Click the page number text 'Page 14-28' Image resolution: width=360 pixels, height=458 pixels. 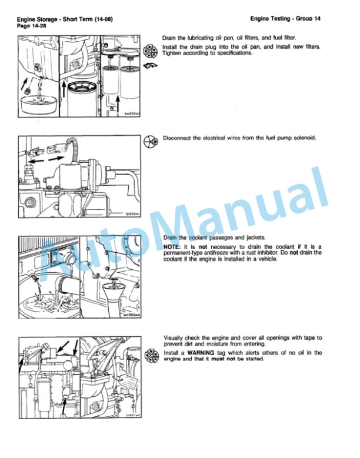tap(32, 26)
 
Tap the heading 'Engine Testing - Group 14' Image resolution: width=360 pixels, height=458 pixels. tap(285, 19)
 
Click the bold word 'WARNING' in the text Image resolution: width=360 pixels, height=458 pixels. tap(201, 353)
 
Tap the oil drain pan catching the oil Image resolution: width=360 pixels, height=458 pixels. tap(39, 105)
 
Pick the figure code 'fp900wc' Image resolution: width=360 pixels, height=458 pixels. tap(133, 214)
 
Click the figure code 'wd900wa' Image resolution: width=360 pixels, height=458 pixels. tap(132, 315)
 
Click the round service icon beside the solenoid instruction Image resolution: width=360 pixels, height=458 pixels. tap(151, 142)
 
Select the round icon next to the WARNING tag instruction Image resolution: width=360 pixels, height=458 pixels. tap(152, 356)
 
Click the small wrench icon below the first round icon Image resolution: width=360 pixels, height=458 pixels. tap(150, 65)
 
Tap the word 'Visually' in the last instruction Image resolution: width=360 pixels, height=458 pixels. tap(174, 338)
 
